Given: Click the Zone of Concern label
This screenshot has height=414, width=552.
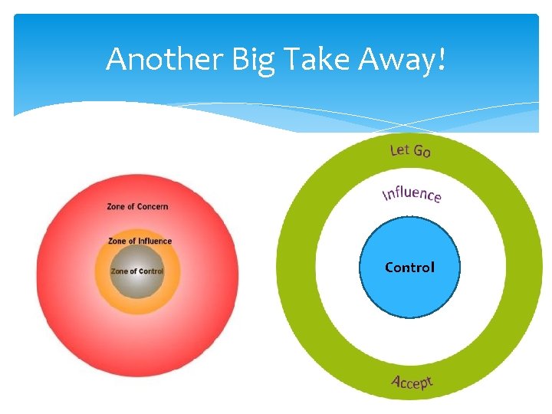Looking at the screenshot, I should [137, 206].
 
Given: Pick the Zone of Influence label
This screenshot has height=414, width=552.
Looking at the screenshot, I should [140, 241].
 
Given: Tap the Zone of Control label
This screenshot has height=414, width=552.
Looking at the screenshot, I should [136, 271].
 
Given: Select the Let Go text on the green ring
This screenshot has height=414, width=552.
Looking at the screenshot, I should [411, 149].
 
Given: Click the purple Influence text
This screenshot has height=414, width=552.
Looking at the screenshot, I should [412, 193].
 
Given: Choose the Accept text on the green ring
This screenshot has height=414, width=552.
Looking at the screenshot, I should [412, 381].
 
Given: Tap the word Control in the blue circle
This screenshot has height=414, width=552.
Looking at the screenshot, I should [409, 268].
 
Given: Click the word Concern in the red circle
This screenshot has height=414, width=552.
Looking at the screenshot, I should [153, 206].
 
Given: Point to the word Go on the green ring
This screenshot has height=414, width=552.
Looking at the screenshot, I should [422, 151].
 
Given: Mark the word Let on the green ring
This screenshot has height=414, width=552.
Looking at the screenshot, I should [399, 149].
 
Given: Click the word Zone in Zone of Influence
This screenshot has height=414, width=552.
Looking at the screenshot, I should [117, 241].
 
